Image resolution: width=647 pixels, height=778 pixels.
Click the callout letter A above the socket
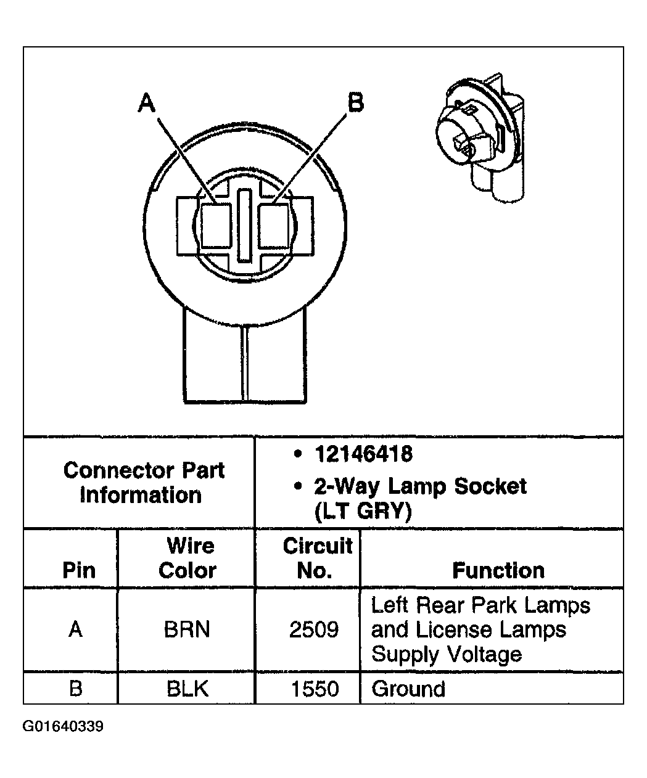(147, 103)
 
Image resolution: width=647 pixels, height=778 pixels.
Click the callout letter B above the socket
(356, 102)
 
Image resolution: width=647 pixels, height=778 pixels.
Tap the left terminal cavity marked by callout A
(215, 226)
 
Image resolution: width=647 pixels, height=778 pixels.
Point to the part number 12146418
(363, 454)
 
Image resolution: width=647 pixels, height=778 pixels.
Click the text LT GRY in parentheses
(363, 512)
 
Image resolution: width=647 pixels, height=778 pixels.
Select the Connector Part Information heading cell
(143, 483)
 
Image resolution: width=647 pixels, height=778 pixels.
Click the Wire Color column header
(187, 558)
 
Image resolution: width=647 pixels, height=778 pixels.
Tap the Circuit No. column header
(316, 558)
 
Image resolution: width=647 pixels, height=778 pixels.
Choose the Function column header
(498, 570)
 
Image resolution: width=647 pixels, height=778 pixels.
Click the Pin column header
(79, 570)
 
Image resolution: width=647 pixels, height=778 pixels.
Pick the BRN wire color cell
(187, 629)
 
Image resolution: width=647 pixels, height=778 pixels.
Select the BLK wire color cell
(187, 688)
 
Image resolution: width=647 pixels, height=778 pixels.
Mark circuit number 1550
(315, 688)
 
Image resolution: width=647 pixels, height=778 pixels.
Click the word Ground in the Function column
(408, 688)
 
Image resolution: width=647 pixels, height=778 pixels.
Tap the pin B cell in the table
(75, 688)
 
